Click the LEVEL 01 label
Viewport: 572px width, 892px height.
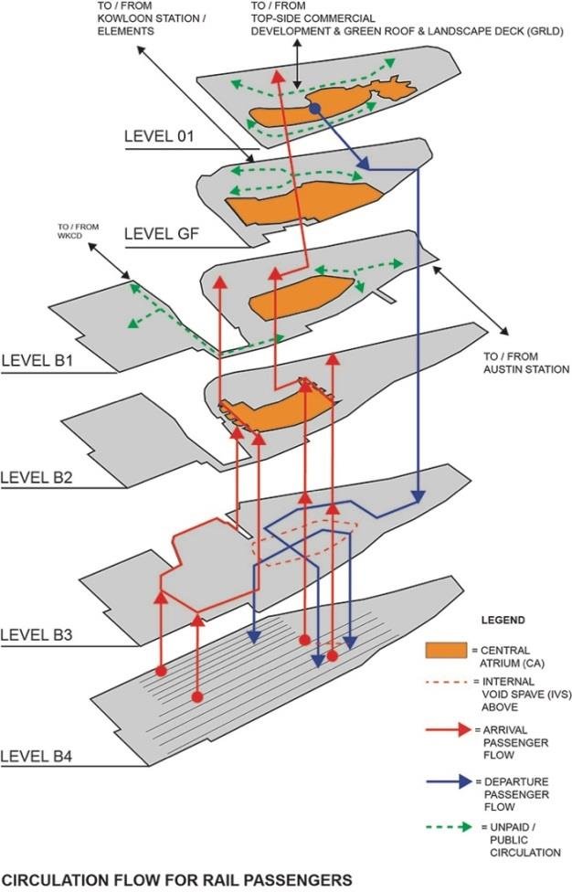[x=161, y=137]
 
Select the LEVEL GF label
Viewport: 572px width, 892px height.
[x=161, y=234]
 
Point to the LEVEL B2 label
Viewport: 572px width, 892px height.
[x=37, y=476]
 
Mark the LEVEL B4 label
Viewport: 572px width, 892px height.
[x=37, y=755]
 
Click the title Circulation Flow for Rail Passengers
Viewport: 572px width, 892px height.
[x=176, y=879]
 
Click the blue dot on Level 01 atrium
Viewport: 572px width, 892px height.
[x=314, y=108]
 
